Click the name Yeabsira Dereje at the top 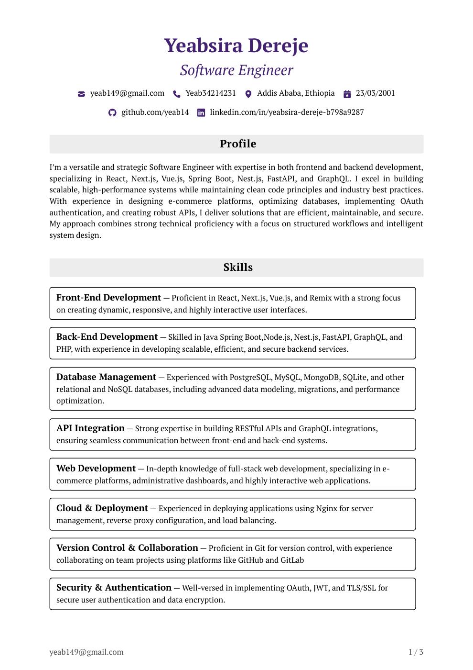[x=236, y=45]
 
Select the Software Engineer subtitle [x=236, y=70]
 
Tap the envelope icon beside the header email [x=81, y=94]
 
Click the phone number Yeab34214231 [x=210, y=93]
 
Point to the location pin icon [x=248, y=94]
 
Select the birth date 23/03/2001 [x=375, y=93]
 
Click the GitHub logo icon [x=112, y=113]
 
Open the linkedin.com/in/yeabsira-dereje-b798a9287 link [x=287, y=112]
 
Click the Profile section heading [x=237, y=144]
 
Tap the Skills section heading [x=237, y=268]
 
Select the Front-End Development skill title [x=108, y=298]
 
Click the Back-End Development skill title [x=107, y=337]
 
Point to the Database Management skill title [x=106, y=377]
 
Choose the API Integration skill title [x=90, y=428]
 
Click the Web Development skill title [x=96, y=469]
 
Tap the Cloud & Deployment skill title [x=102, y=508]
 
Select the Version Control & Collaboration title [x=127, y=548]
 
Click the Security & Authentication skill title [x=114, y=588]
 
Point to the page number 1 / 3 [x=416, y=652]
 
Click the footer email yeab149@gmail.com [x=86, y=652]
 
